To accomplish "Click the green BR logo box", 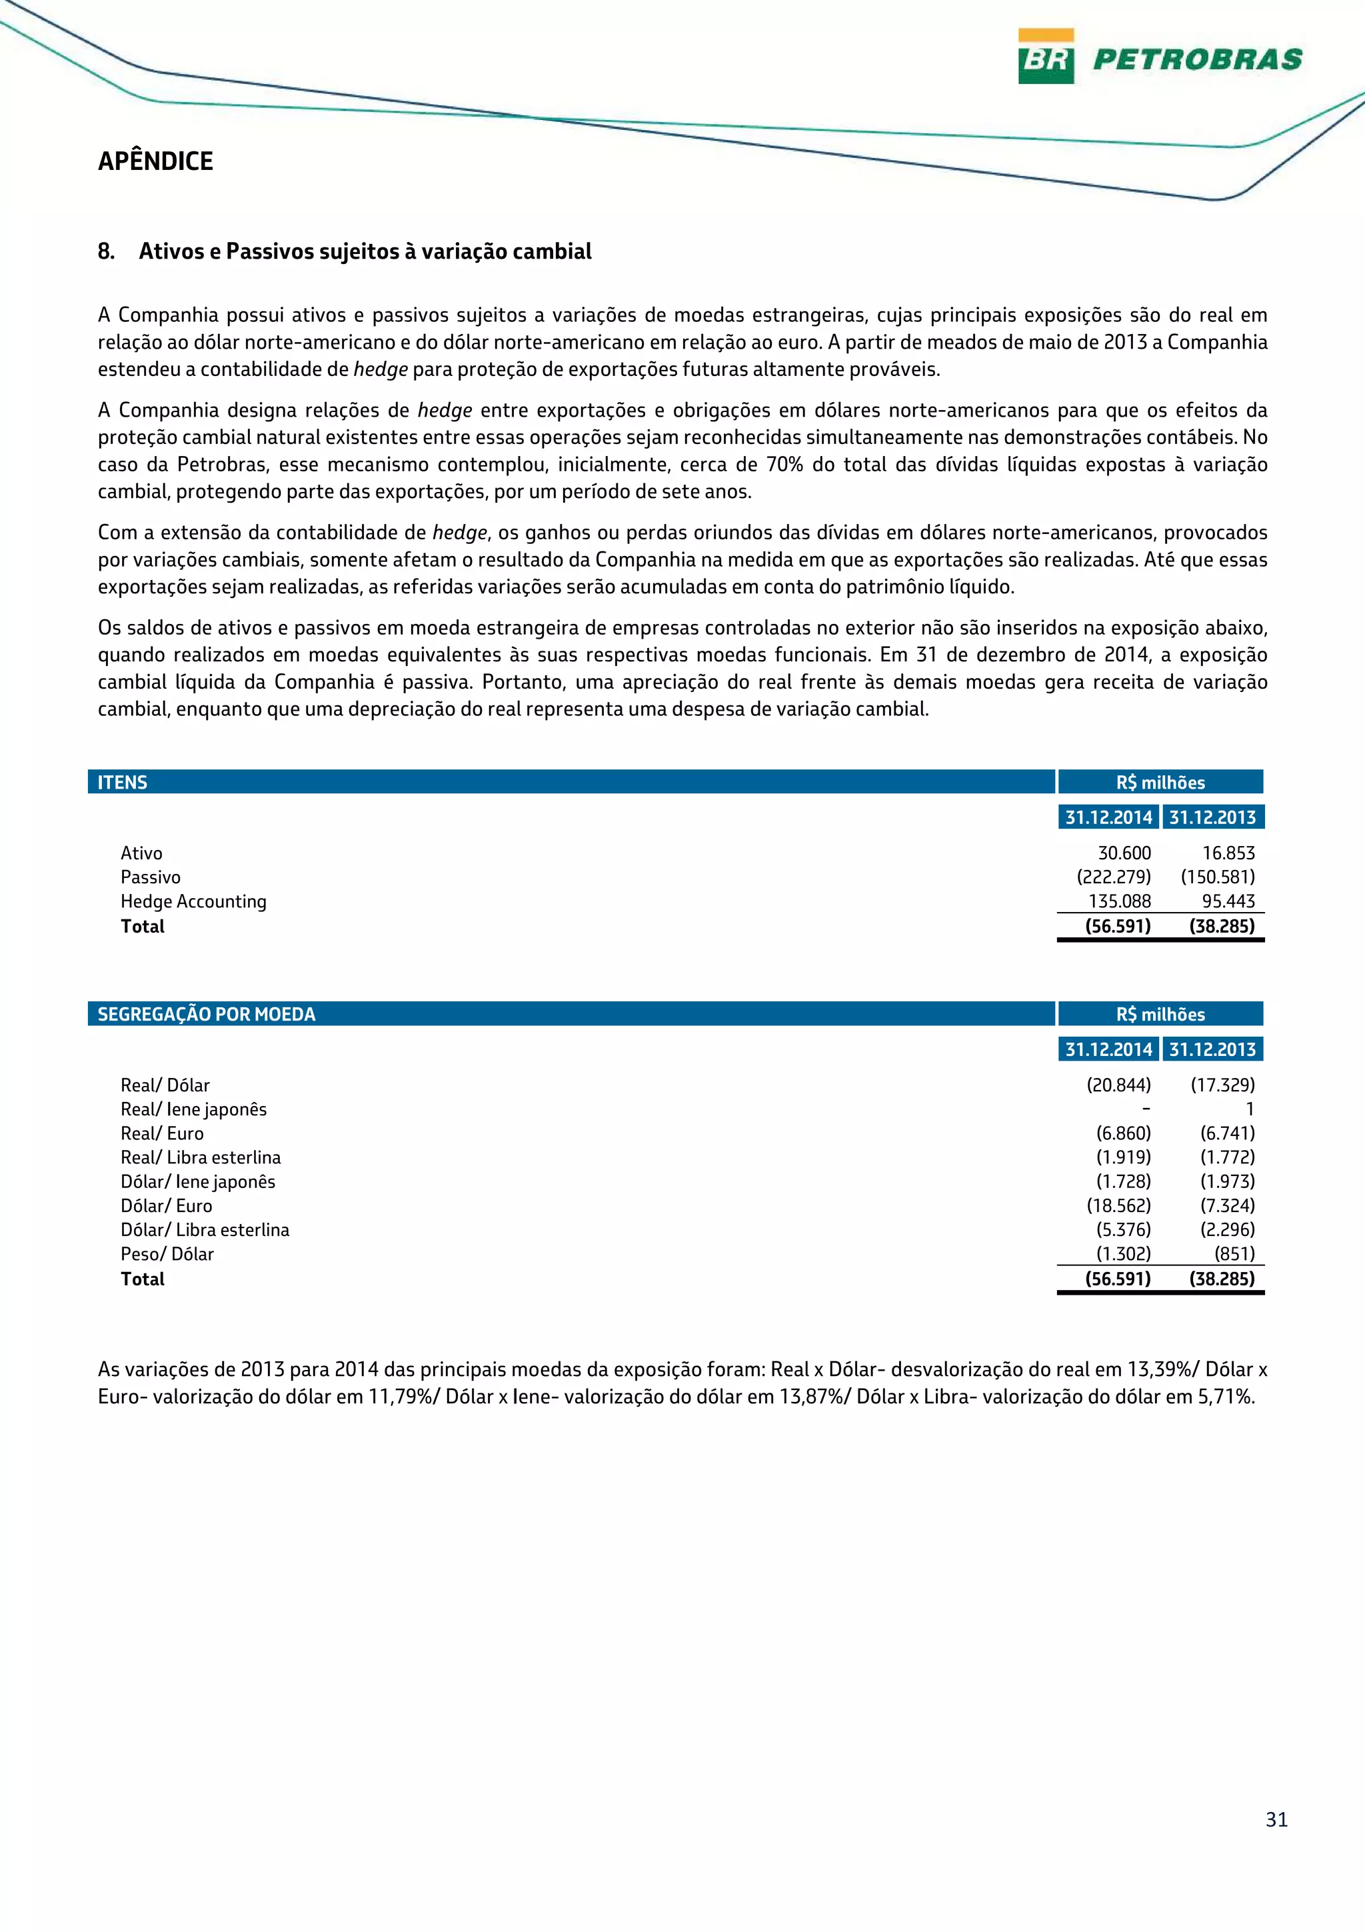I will click(x=1045, y=57).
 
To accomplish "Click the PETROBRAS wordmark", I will click(x=1197, y=59).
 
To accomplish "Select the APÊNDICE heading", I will click(x=155, y=161).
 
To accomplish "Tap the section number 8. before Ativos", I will click(x=106, y=251).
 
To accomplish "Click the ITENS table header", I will click(x=123, y=782).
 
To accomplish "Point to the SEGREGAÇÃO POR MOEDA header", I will click(x=206, y=1014).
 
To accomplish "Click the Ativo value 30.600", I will click(x=1124, y=853).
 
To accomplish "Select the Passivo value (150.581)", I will click(x=1218, y=877).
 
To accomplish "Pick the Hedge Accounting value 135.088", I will click(x=1120, y=901).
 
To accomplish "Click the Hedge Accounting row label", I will click(x=193, y=901).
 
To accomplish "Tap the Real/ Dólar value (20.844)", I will click(x=1118, y=1085).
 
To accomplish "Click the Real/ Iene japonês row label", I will click(x=193, y=1109).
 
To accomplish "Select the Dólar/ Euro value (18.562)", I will click(x=1118, y=1206).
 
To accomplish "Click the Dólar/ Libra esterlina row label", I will click(x=205, y=1229).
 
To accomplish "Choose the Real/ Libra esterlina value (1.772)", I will click(x=1227, y=1157).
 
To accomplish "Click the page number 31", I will click(x=1276, y=1819).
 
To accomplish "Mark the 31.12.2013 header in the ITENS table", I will click(x=1212, y=817).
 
